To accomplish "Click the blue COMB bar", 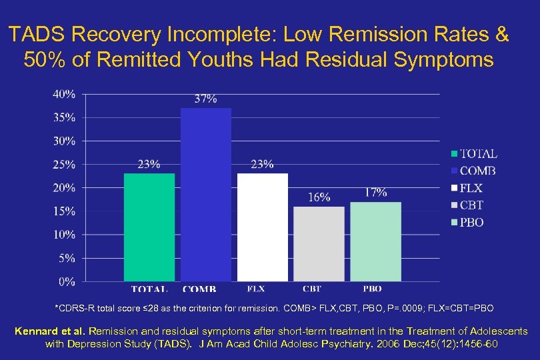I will pyautogui.click(x=206, y=195).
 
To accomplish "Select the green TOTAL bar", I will pyautogui.click(x=149, y=227).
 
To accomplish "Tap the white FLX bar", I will pyautogui.click(x=263, y=227).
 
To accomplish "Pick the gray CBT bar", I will pyautogui.click(x=319, y=243).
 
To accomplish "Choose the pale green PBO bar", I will pyautogui.click(x=376, y=241).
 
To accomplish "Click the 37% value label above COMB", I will pyautogui.click(x=205, y=99).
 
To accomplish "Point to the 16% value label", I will pyautogui.click(x=319, y=197).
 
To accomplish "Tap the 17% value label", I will pyautogui.click(x=376, y=192).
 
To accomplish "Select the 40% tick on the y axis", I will pyautogui.click(x=64, y=94).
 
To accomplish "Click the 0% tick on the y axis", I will pyautogui.click(x=67, y=282).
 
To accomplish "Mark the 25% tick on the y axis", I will pyautogui.click(x=64, y=165).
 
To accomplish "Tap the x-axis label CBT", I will pyautogui.click(x=311, y=289).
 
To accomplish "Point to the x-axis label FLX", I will pyautogui.click(x=255, y=289).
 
